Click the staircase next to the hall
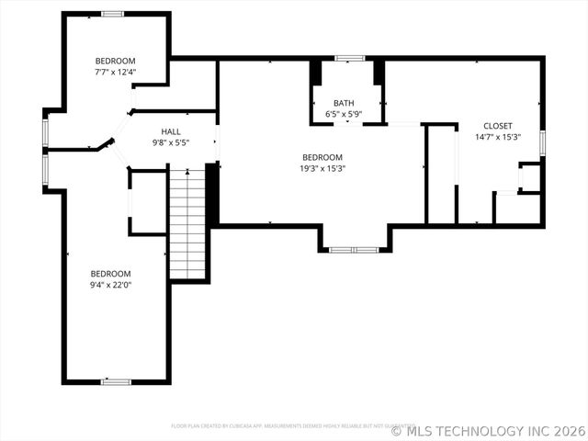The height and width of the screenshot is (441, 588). pos(187,223)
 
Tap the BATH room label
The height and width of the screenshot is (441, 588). pos(344,104)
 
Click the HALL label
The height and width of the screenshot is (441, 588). pos(171,132)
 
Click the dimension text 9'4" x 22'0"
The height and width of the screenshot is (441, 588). pos(110,285)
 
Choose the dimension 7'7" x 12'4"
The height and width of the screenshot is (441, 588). pos(115,72)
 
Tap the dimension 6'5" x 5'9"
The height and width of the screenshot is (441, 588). pos(344,115)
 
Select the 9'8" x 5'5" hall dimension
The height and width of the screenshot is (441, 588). pos(171,143)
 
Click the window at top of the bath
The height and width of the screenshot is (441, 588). pos(349,59)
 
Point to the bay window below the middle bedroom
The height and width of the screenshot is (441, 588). pos(354,249)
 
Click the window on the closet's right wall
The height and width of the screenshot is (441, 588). pos(543,141)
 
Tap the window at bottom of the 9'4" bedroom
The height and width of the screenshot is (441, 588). pos(116,381)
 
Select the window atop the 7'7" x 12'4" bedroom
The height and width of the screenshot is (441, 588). pos(112,14)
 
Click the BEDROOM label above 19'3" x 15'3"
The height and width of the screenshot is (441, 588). pos(322,157)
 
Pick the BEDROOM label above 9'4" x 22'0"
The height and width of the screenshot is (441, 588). pos(110,274)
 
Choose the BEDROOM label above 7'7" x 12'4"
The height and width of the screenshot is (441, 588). pos(115,61)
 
